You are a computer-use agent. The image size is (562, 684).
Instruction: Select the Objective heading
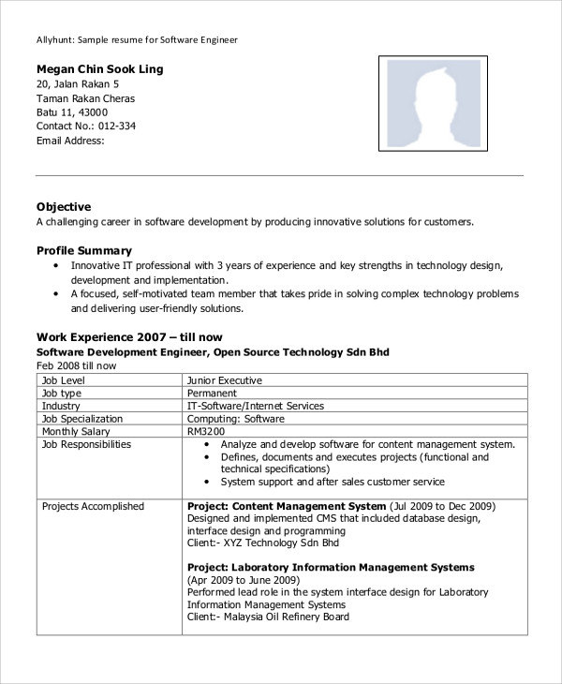coord(64,206)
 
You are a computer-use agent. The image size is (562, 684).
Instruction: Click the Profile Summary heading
coord(84,250)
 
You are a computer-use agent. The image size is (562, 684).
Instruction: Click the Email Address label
coord(70,141)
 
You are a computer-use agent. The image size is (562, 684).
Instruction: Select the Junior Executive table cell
coord(225,380)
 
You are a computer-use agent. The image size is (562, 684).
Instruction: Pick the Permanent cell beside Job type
coord(213,394)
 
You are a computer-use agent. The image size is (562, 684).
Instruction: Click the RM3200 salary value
coord(206,432)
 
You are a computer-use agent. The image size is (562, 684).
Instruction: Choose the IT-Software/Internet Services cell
coord(256,406)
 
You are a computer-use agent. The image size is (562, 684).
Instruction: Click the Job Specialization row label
coord(82,419)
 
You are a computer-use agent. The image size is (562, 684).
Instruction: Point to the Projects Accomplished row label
coord(93,506)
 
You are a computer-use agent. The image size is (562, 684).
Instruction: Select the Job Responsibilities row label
coord(86,444)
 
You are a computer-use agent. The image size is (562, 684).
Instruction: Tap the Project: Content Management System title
coord(282,506)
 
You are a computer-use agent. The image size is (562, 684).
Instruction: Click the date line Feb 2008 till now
coord(77,365)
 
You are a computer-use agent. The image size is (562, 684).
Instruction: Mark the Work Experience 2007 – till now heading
coord(129,336)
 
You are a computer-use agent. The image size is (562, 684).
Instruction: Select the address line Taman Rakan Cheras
coord(85,98)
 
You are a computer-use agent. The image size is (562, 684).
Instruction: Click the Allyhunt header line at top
coord(137,40)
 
